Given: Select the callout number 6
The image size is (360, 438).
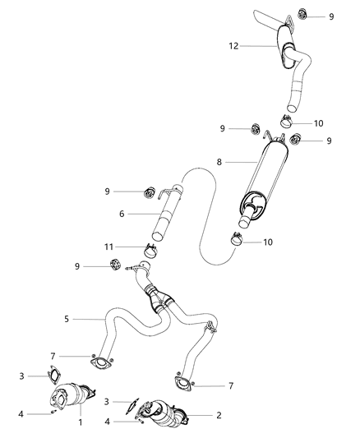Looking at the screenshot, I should click(x=122, y=213).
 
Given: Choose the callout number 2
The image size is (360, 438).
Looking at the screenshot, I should click(x=218, y=415).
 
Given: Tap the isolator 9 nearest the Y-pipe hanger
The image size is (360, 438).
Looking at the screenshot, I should click(x=115, y=265).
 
